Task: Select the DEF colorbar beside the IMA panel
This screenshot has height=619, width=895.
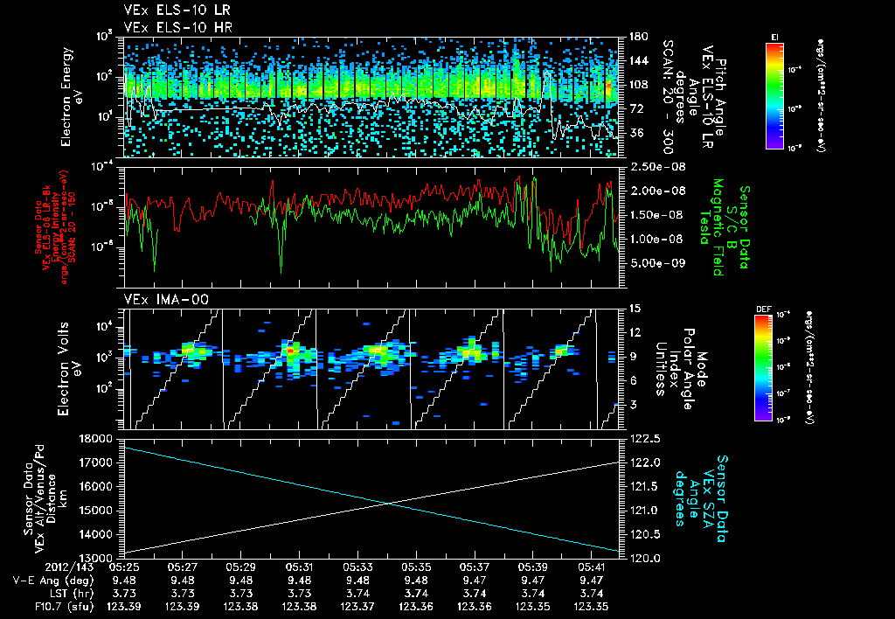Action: (763, 367)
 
